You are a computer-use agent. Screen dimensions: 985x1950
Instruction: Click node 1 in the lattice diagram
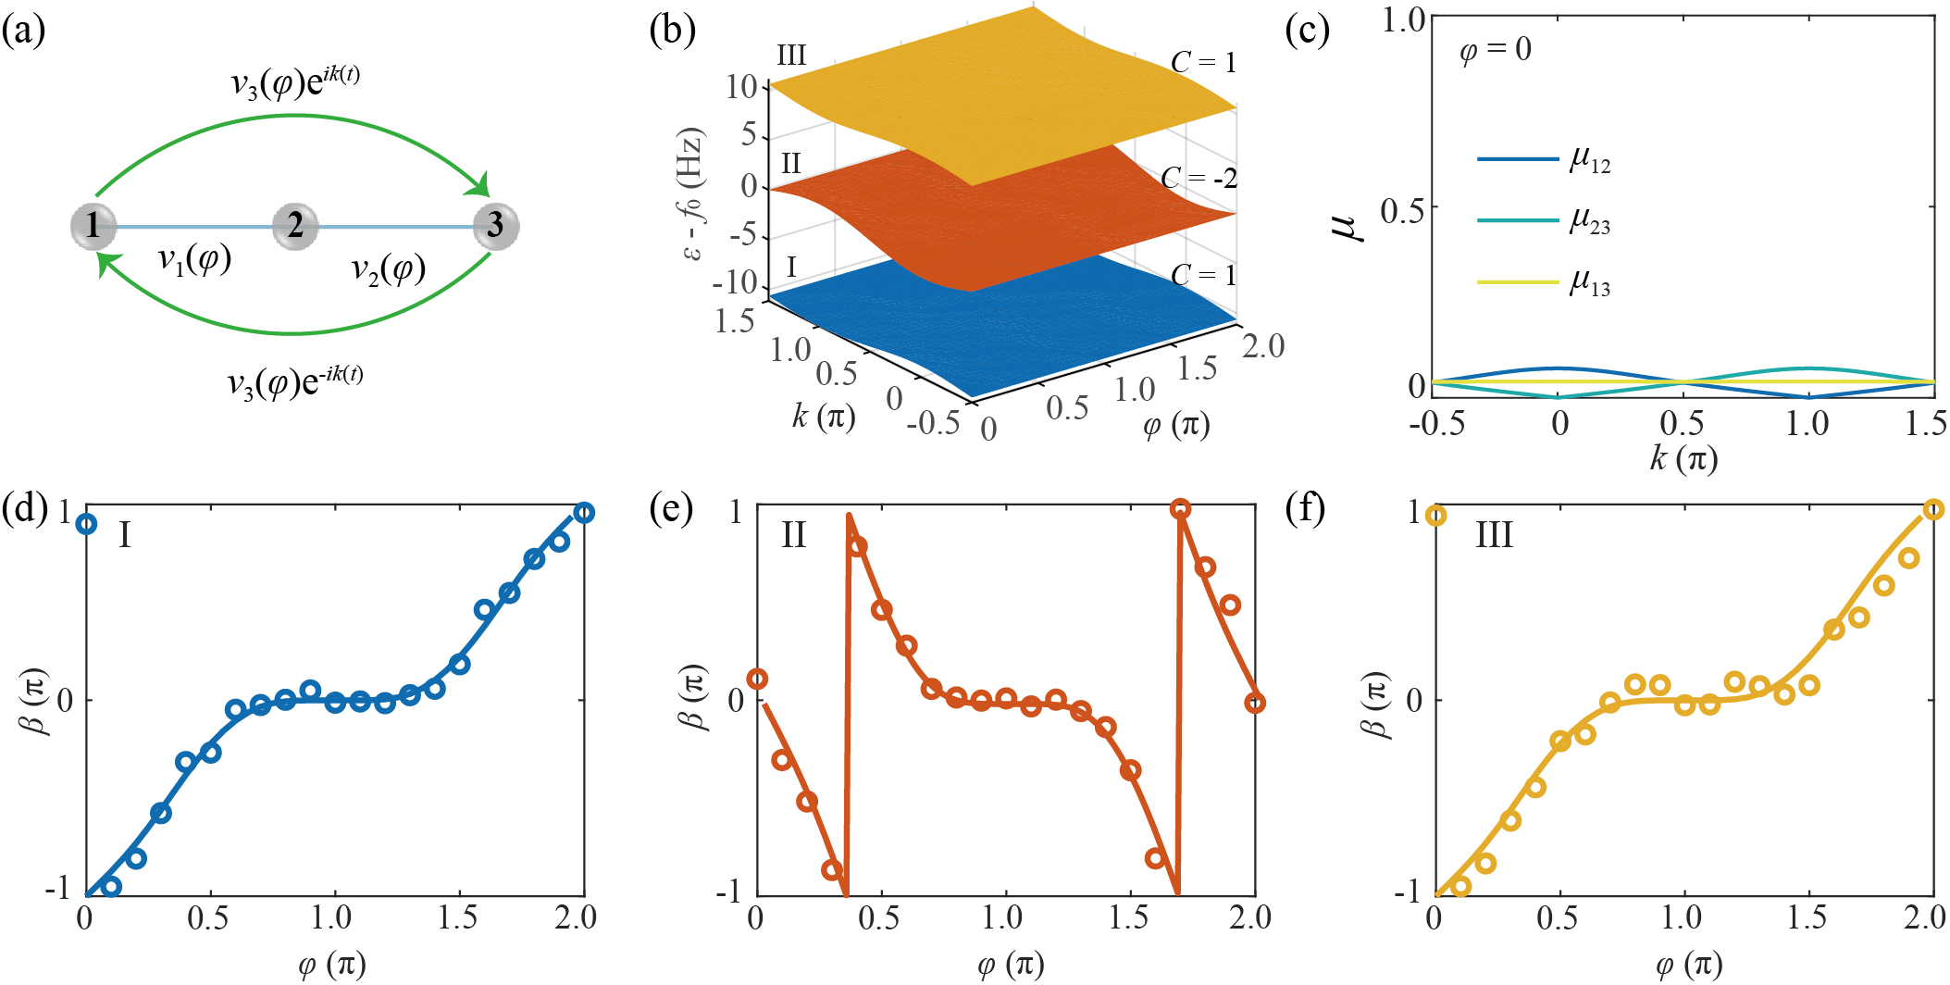[93, 225]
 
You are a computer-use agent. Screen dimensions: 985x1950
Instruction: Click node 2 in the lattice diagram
[295, 225]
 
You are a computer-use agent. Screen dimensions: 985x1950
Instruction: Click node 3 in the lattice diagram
[496, 225]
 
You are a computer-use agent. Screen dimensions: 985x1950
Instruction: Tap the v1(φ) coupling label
[194, 260]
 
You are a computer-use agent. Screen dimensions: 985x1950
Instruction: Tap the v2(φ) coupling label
[388, 269]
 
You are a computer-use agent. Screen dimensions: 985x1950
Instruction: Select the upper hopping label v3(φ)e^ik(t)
[294, 82]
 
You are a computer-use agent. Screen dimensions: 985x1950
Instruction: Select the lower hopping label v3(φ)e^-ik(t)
[294, 380]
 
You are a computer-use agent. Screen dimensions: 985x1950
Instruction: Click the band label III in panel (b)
[791, 56]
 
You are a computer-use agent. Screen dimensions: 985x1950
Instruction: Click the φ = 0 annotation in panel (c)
[1495, 49]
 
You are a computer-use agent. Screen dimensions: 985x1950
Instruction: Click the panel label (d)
[24, 508]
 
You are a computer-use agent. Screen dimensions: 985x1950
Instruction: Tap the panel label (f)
[1306, 508]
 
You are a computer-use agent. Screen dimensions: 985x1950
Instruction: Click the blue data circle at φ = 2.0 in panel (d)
[583, 512]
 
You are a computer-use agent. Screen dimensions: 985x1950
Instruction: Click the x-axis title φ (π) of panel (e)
[1010, 965]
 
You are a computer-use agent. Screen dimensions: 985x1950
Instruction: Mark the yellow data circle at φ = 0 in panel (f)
[1435, 516]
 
